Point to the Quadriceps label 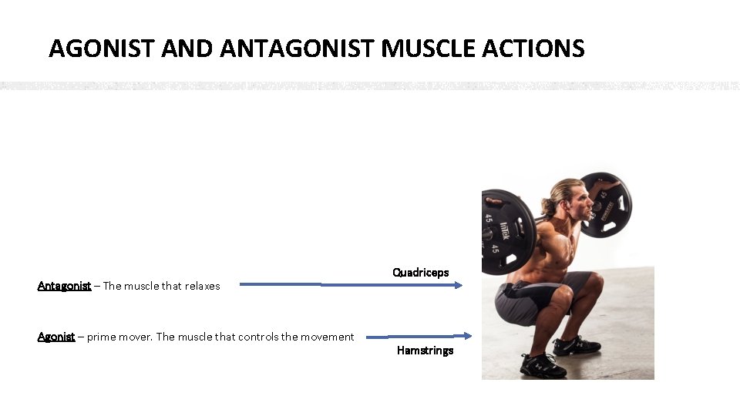(x=420, y=273)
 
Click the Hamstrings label (x=425, y=351)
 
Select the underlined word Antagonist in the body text (x=64, y=286)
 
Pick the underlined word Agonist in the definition (x=56, y=337)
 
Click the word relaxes (x=202, y=286)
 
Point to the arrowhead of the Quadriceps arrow (x=459, y=285)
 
